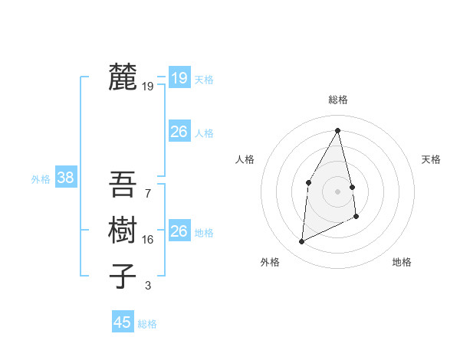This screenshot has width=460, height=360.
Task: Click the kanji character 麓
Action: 123,77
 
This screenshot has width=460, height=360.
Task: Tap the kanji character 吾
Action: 123,185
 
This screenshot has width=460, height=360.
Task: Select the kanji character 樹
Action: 123,230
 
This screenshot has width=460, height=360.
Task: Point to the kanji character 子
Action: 123,276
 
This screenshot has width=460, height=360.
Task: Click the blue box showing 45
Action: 123,322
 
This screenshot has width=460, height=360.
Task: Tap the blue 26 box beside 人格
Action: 179,132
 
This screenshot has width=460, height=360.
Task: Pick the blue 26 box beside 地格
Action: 179,231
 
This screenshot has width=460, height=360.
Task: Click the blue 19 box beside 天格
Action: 179,77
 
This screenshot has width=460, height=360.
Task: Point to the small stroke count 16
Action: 148,240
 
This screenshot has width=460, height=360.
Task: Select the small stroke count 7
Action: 147,194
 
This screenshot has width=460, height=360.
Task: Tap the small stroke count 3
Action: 147,286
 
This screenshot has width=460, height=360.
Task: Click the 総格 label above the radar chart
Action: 338,100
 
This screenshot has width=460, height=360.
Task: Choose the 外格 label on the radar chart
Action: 269,262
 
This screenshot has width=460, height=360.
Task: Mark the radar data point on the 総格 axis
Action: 338,130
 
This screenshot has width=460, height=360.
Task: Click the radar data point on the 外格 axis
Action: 301,242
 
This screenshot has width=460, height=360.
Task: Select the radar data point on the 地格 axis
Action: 356,217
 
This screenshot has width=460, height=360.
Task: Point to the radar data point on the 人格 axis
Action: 308,182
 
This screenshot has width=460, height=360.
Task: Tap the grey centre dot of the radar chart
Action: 338,191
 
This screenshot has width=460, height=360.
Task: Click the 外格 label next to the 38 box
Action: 41,179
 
